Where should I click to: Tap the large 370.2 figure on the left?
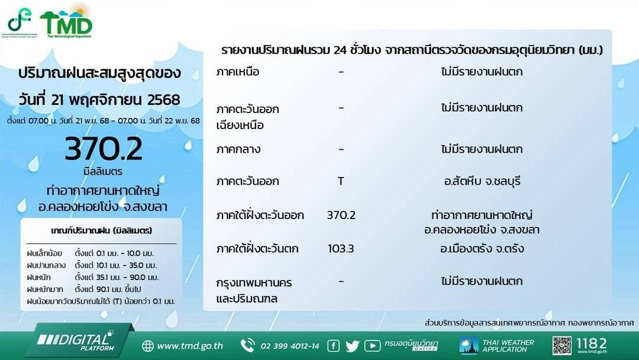[104, 150]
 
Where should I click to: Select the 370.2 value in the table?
[341, 216]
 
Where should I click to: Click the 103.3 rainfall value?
[341, 249]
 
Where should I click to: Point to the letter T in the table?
[341, 181]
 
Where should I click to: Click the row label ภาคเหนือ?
[238, 72]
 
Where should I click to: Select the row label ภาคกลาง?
[238, 149]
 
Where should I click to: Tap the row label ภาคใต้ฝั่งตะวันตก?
[257, 249]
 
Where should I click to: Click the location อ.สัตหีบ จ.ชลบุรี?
[482, 181]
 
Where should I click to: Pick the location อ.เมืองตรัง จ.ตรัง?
[482, 249]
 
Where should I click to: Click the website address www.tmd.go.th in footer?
[189, 346]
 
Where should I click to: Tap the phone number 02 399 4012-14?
[289, 346]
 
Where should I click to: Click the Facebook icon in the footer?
[333, 346]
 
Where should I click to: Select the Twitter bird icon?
[352, 346]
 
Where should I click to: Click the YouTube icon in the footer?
[372, 346]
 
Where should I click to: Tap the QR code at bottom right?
[562, 345]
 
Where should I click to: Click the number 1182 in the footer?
[591, 343]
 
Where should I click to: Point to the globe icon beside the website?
[147, 346]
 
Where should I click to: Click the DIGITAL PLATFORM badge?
[75, 341]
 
